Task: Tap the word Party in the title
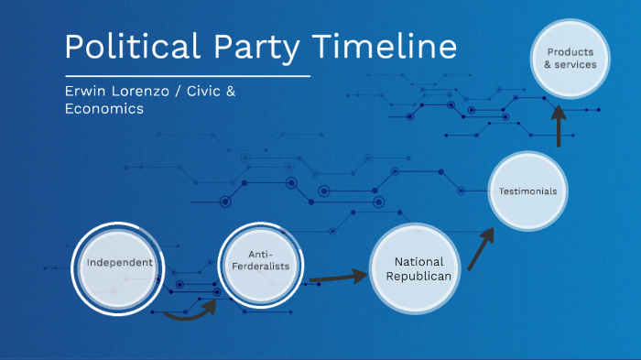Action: pos(268,47)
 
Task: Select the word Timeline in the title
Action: pos(393,47)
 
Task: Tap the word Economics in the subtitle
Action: pos(103,108)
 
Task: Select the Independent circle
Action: pos(119,265)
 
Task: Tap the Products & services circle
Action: pos(571,58)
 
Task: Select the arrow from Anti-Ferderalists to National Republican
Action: pos(338,276)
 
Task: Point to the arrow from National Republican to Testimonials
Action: pos(480,248)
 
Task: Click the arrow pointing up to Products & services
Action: pos(558,125)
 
